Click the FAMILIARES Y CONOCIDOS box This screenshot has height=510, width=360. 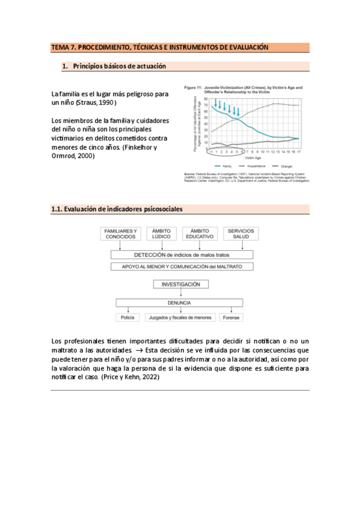pos(121,235)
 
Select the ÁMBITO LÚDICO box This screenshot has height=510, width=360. pos(162,235)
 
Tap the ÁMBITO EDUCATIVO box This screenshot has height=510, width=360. pos(201,235)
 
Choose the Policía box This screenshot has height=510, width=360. pos(127,317)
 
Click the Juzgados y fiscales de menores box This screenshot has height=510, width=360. pos(180,317)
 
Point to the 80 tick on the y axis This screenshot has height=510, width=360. pos(205,99)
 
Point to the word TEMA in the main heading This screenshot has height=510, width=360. pos(60,47)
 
